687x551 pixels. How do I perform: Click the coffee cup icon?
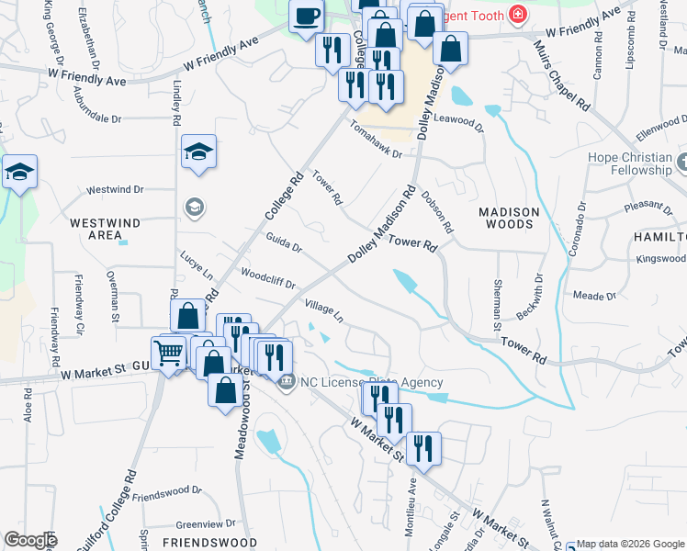pyautogui.click(x=306, y=16)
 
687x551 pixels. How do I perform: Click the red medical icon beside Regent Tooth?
pyautogui.click(x=518, y=16)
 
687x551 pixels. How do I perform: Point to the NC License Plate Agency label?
pyautogui.click(x=370, y=382)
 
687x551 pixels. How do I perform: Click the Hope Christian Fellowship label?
pyautogui.click(x=630, y=163)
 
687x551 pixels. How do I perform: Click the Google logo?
pyautogui.click(x=30, y=540)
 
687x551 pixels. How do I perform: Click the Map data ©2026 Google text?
pyautogui.click(x=630, y=544)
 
